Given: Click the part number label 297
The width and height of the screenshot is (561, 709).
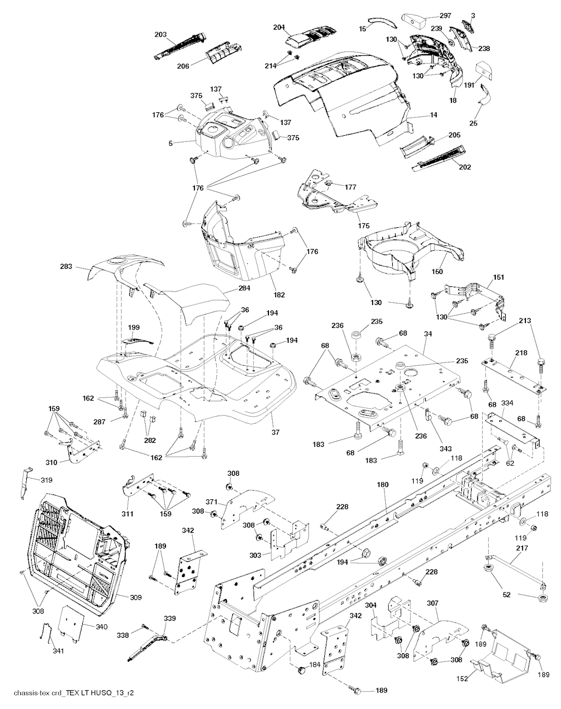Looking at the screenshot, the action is tap(445, 16).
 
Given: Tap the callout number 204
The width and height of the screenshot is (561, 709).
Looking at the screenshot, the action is tap(279, 27).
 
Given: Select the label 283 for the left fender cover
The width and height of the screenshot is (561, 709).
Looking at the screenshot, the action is tap(66, 266).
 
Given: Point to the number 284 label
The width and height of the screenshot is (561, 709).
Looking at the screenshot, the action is tap(244, 288).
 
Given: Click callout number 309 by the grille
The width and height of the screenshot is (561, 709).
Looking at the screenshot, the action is tap(135, 597).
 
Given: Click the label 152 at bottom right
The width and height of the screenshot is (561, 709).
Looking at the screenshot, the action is tap(462, 667).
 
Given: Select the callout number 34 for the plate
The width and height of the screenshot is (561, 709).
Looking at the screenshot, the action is tap(427, 334).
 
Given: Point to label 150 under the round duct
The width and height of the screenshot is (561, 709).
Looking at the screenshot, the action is tap(437, 272).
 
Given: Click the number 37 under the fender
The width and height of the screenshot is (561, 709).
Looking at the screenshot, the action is tap(276, 433).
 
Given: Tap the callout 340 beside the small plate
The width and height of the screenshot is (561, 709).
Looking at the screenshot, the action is tap(101, 626).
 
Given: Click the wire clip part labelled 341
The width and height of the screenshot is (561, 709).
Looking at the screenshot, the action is tap(47, 633).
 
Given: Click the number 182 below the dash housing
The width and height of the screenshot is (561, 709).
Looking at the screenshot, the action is tap(279, 295).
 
